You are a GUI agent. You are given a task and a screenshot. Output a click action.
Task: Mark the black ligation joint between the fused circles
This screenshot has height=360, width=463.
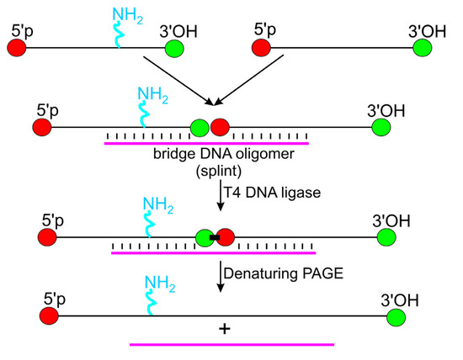[215, 238]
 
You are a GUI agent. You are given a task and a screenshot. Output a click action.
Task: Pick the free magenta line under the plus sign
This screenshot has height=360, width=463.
[231, 345]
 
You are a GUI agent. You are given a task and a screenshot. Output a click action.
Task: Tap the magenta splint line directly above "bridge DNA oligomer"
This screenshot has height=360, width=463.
[206, 143]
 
